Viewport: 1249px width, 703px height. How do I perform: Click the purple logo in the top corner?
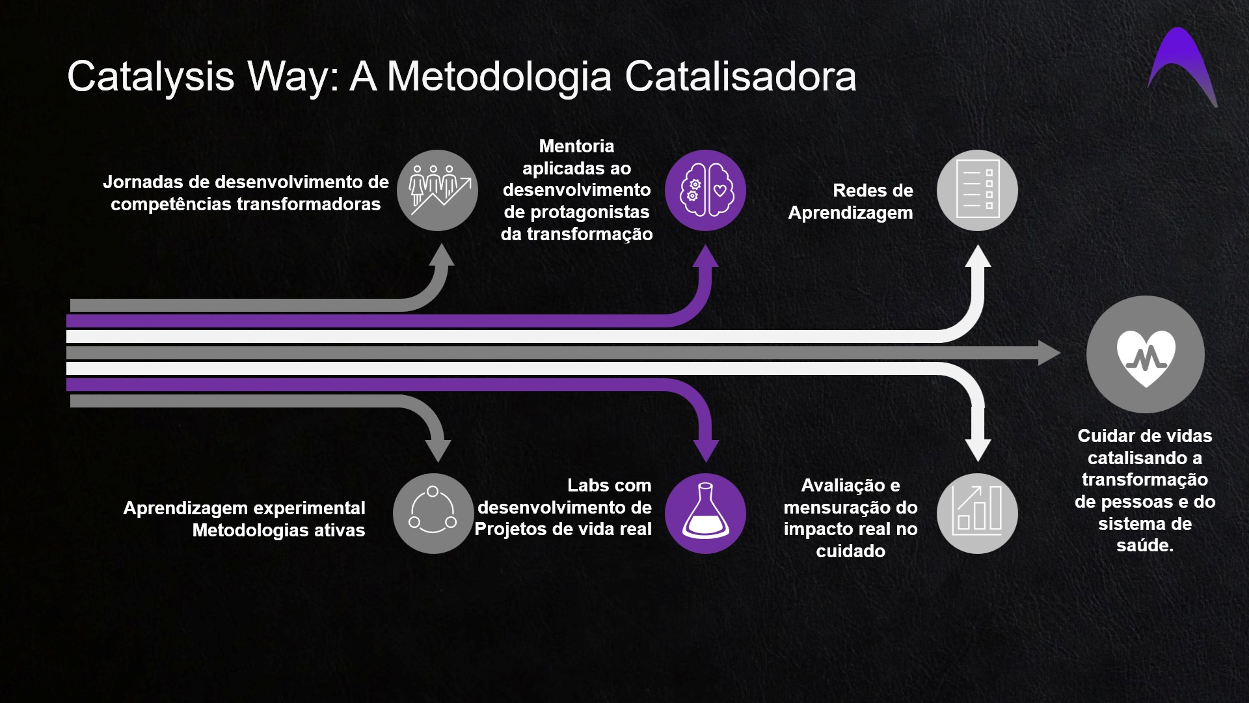click(1181, 68)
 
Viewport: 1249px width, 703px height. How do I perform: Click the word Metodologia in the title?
click(500, 76)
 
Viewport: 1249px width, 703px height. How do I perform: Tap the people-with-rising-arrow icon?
click(437, 191)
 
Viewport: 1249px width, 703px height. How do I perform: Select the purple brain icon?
click(705, 191)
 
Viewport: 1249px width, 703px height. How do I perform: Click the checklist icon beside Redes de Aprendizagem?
click(977, 191)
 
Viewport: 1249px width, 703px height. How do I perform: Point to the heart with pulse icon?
click(1146, 355)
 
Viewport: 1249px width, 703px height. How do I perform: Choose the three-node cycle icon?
click(433, 513)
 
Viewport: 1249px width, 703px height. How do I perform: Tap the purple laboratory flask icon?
click(705, 513)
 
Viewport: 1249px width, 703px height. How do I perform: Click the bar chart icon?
click(977, 513)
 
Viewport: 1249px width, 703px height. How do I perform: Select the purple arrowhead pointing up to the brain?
click(705, 256)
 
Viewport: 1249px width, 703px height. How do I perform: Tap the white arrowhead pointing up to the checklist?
click(977, 256)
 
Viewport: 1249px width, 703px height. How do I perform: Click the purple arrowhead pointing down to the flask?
click(705, 450)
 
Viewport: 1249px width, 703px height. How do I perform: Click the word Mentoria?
click(576, 146)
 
